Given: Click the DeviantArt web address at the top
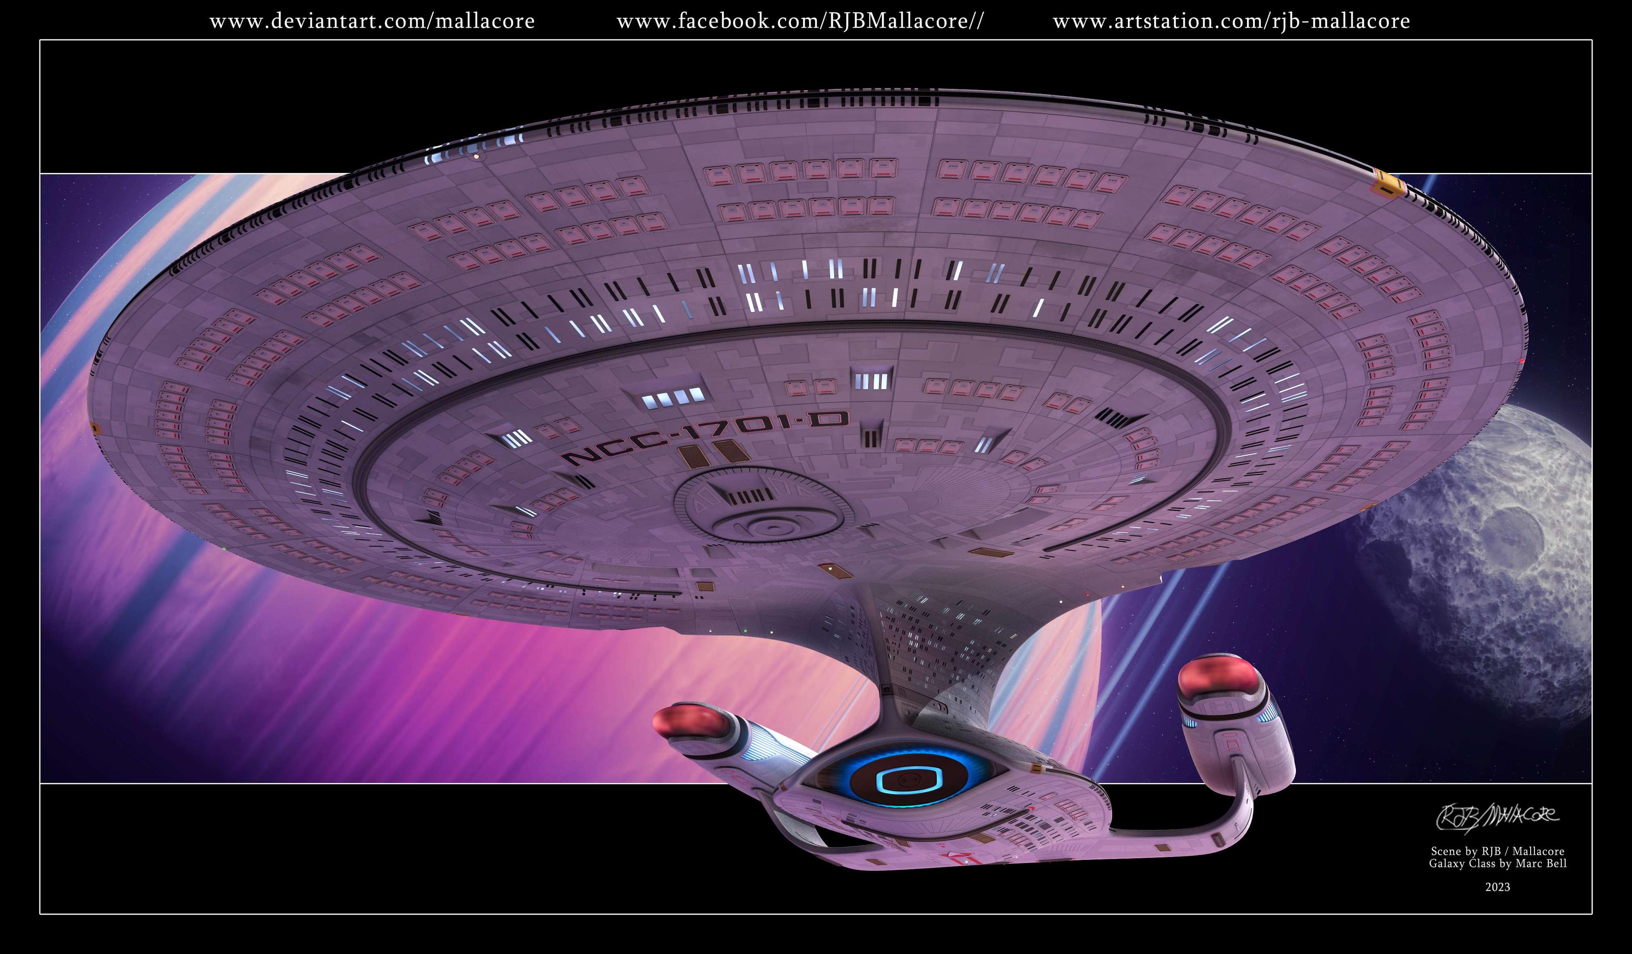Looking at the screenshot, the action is pos(372,21).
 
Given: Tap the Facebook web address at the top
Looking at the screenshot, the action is pos(800,21).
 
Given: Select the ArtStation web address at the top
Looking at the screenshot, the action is pos(1231,21).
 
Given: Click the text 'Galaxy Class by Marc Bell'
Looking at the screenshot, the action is pos(1498,863).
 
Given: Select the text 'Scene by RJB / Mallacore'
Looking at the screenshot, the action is pos(1498,851).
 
